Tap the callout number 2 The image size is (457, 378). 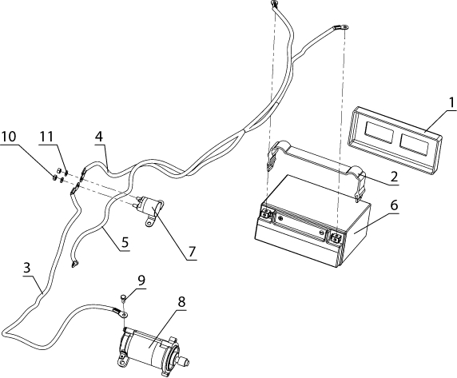tap(394, 177)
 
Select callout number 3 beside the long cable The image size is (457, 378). tap(27, 267)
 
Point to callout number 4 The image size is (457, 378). tap(99, 136)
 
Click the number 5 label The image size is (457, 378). tap(125, 242)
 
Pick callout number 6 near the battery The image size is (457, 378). tap(394, 205)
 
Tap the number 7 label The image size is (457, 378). tap(192, 251)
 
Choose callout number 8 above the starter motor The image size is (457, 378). tap(181, 302)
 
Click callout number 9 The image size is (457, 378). tap(141, 281)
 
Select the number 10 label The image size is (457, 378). tap(9, 136)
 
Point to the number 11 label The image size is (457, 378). tap(46, 136)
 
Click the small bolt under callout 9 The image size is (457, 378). tap(122, 298)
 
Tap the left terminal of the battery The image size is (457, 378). tap(266, 214)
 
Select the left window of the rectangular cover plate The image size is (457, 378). tap(379, 133)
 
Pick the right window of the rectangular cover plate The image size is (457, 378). tap(414, 144)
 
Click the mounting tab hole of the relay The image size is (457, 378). tap(149, 224)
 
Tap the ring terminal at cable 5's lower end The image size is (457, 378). tap(74, 264)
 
